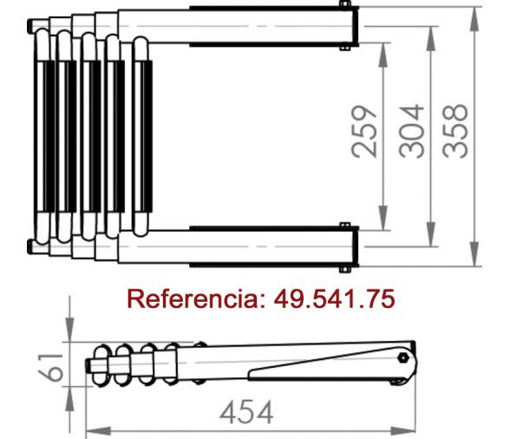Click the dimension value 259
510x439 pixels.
pos(364,132)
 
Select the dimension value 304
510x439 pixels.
pos(411,132)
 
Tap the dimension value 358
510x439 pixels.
pos(455,132)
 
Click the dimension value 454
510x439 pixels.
pos(246,412)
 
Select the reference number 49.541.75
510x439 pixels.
pos(335,298)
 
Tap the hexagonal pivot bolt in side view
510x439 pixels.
pos(403,357)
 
